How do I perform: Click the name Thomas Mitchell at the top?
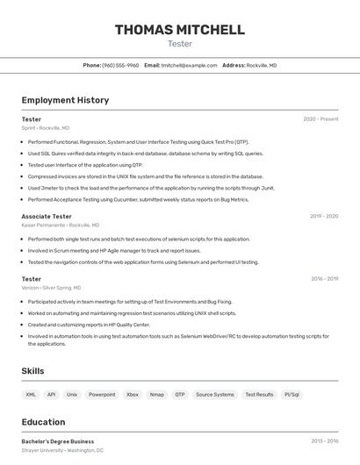[180, 30]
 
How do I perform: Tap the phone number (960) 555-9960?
[120, 65]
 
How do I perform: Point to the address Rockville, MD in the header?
[262, 65]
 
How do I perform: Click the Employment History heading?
[65, 100]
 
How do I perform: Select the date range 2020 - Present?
[320, 119]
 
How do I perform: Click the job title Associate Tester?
[47, 216]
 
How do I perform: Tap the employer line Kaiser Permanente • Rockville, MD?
[61, 225]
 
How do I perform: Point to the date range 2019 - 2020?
[324, 216]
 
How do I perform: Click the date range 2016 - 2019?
[324, 279]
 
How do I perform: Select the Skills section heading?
[33, 371]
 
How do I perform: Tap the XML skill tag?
[32, 395]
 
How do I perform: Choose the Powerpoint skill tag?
[102, 395]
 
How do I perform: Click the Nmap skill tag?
[157, 395]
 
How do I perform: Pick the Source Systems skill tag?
[214, 395]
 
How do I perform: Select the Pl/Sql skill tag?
[292, 395]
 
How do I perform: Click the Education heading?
[43, 422]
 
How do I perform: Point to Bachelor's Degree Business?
[57, 441]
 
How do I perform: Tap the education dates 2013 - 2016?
[324, 441]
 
